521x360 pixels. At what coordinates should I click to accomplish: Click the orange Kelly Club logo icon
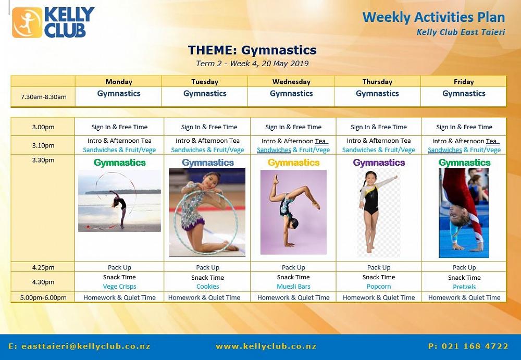[x=27, y=22]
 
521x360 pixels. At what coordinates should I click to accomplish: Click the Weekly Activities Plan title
[x=433, y=17]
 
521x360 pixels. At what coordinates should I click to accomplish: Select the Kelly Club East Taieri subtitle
[x=461, y=32]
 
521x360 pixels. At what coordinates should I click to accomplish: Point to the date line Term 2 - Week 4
[x=252, y=64]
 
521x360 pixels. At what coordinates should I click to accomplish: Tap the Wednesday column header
[x=291, y=82]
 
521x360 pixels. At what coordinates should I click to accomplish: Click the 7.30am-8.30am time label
[x=44, y=97]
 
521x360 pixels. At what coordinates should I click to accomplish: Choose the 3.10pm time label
[x=43, y=145]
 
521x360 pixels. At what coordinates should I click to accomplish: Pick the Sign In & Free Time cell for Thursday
[x=378, y=127]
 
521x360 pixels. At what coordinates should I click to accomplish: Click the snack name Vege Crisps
[x=119, y=287]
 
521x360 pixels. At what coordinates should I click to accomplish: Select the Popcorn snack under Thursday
[x=378, y=287]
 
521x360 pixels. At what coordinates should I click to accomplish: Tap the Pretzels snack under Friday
[x=464, y=287]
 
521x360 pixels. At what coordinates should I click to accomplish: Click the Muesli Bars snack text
[x=293, y=287]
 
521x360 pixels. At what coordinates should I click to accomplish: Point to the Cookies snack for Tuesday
[x=208, y=287]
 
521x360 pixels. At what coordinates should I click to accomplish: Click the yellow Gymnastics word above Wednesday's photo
[x=293, y=163]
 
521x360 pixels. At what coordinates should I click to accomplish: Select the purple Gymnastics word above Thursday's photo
[x=379, y=163]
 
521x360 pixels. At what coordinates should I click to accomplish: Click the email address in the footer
[x=79, y=346]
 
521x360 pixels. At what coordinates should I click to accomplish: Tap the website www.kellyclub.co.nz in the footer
[x=266, y=346]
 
